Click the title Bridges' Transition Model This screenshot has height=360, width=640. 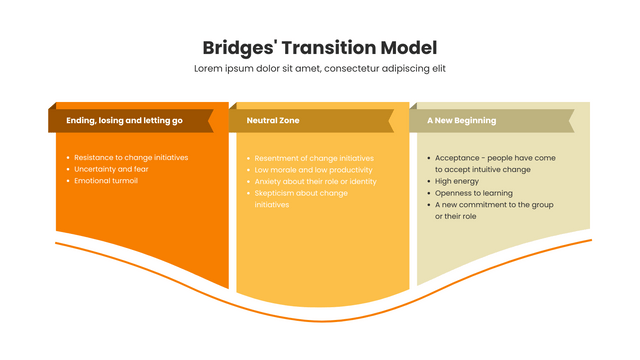coord(319,47)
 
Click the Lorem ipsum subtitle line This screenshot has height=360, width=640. coord(319,68)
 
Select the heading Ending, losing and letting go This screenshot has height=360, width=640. coord(124,120)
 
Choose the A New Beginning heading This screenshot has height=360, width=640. coord(461,120)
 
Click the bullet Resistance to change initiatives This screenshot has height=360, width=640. coord(131,157)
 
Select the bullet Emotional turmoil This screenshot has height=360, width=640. coord(106,181)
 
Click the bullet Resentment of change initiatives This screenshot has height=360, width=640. coord(314,158)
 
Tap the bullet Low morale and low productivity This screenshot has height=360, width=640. coord(314,170)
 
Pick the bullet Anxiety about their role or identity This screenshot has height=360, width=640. coord(315,182)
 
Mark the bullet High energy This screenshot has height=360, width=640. coord(458,181)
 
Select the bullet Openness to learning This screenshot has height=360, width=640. coord(473,193)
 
